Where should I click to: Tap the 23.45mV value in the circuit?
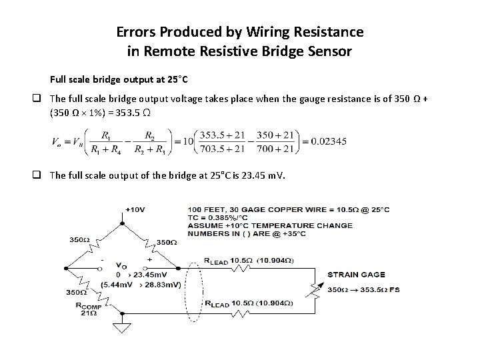point(151,275)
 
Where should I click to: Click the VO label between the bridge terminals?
point(122,265)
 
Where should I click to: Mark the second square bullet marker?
point(40,175)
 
